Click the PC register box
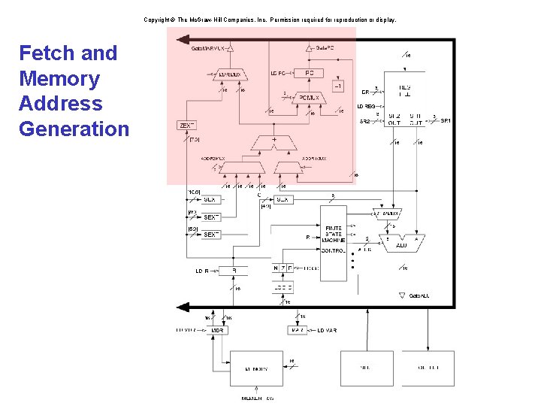[309, 73]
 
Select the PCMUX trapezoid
[309, 98]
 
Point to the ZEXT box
[187, 125]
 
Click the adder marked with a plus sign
[274, 141]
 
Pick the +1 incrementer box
[338, 87]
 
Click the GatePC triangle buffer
[309, 48]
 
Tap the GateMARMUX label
[207, 48]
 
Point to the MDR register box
[217, 330]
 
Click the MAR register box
[298, 330]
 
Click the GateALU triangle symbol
[402, 296]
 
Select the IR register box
[233, 271]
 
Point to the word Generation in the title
[74, 129]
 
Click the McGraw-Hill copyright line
[270, 20]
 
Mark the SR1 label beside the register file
[445, 120]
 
